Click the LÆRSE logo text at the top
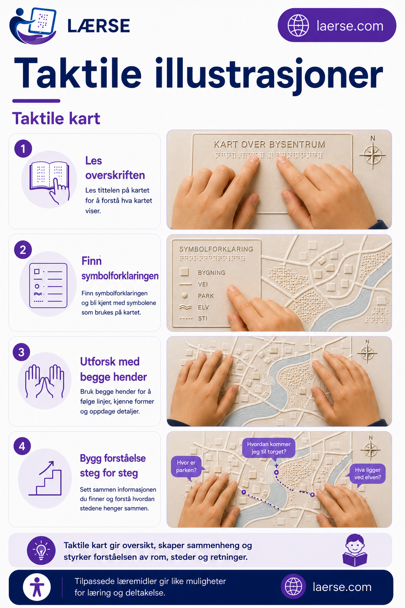coord(98,26)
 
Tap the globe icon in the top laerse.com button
coord(298,25)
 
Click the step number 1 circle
coord(23,148)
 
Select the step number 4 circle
coord(22,446)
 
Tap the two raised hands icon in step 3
coord(44,381)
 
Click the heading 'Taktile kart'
coord(56,119)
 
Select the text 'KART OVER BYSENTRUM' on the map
coord(269,144)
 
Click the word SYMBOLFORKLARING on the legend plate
coord(216,249)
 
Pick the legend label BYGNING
coord(212,272)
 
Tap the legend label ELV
coord(203,307)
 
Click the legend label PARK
coord(206,296)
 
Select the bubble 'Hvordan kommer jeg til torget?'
coord(269,448)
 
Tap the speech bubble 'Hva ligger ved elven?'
coord(367,474)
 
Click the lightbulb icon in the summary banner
coord(41,550)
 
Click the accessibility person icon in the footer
coord(37,587)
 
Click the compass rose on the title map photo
coord(373,155)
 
